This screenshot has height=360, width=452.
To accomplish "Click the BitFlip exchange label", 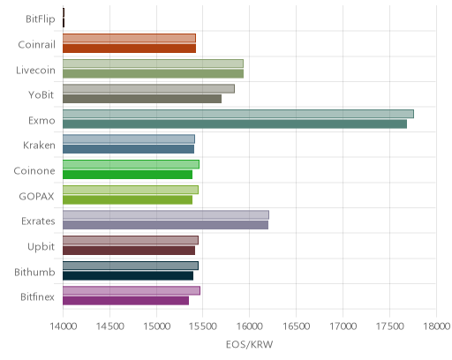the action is coord(41,19).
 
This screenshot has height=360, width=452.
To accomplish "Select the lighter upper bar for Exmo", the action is coord(238,114).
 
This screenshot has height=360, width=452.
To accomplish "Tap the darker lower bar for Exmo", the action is coord(235,124).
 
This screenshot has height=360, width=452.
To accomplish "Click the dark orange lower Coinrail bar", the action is coord(130,49).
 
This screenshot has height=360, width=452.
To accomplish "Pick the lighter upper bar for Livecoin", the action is coord(154,64).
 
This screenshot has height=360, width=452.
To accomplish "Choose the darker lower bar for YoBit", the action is coord(142,99).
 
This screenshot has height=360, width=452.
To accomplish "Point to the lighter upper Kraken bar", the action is coord(129,139).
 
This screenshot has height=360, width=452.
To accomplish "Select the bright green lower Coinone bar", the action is coord(128,175).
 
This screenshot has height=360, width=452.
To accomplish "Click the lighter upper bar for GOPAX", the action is coord(131,190).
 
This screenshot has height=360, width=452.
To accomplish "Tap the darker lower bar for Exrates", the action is coord(166,225).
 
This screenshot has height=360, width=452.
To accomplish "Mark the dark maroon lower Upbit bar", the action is coord(129,251).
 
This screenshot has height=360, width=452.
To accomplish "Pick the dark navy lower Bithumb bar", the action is coord(128,276).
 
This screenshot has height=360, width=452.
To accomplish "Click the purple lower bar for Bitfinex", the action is coord(126,301).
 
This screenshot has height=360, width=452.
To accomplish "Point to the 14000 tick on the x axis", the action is coord(64,326).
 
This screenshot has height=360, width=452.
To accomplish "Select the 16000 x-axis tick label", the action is coord(250,326).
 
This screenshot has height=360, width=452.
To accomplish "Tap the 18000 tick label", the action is coord(436,326).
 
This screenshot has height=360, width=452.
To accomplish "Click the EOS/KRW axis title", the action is coord(250,344).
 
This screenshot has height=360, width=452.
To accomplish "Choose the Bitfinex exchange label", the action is coord(37,297).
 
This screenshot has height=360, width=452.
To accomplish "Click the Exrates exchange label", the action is coord(38,221).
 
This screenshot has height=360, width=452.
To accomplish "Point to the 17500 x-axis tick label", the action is coord(390,326).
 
